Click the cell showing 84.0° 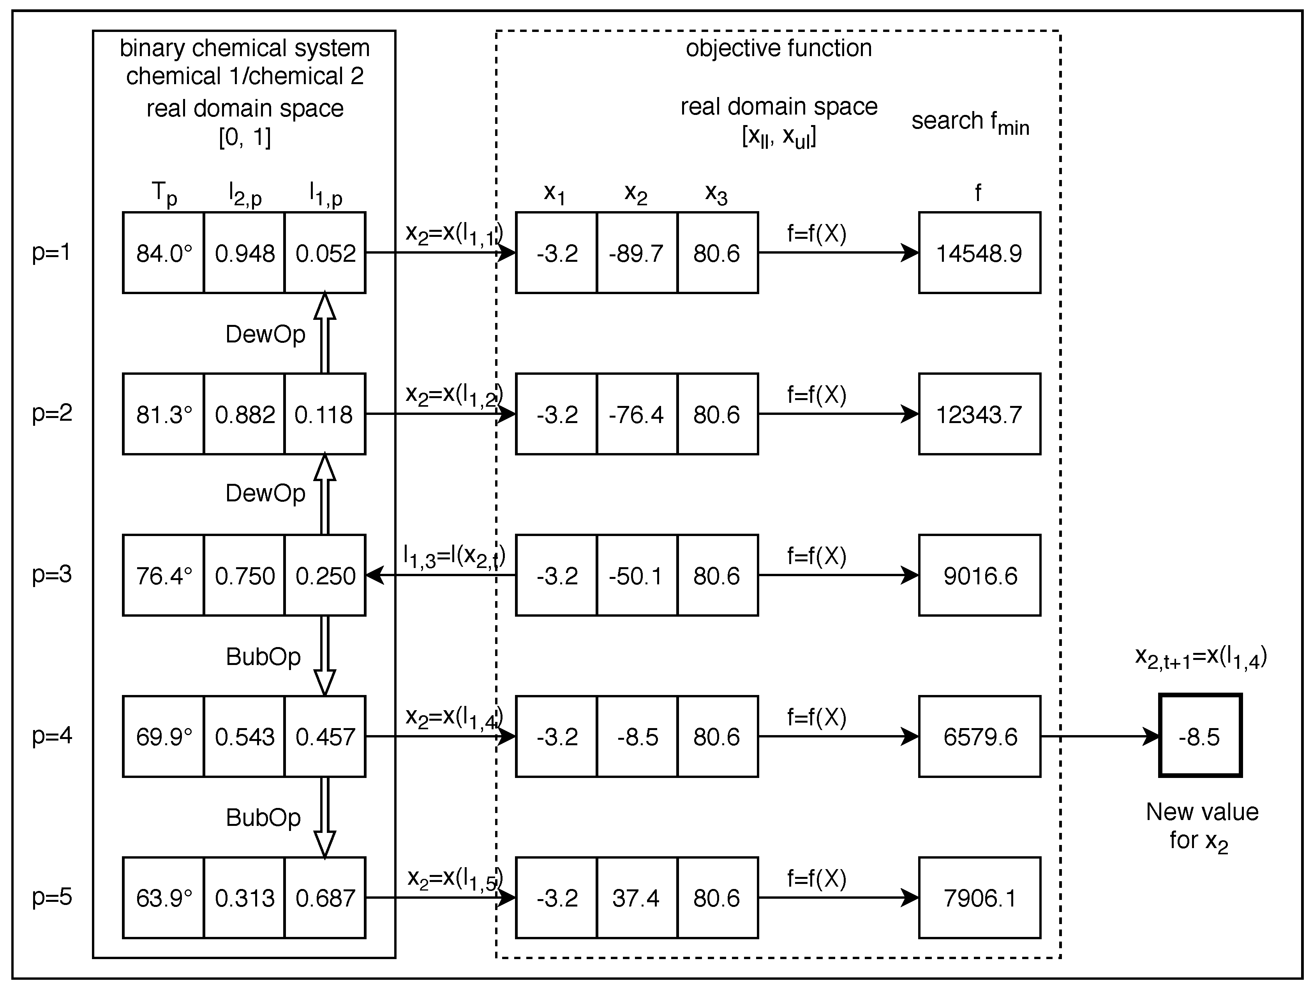164,253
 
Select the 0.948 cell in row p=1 244,253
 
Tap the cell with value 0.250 325,575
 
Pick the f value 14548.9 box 979,253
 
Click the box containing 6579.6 979,737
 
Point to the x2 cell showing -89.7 637,253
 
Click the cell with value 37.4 637,898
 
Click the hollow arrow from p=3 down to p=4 324,656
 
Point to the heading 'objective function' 779,48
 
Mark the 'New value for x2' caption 1202,826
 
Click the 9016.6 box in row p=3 979,575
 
